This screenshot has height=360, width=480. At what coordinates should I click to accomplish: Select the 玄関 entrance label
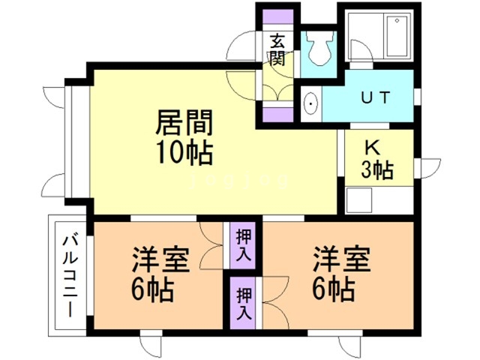(277, 50)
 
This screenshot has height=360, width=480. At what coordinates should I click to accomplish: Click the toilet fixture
(321, 49)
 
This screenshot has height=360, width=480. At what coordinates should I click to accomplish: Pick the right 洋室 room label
(341, 259)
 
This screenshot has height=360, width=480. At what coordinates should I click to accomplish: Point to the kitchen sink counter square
(360, 200)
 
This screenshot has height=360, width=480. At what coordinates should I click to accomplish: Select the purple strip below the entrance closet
(277, 115)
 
